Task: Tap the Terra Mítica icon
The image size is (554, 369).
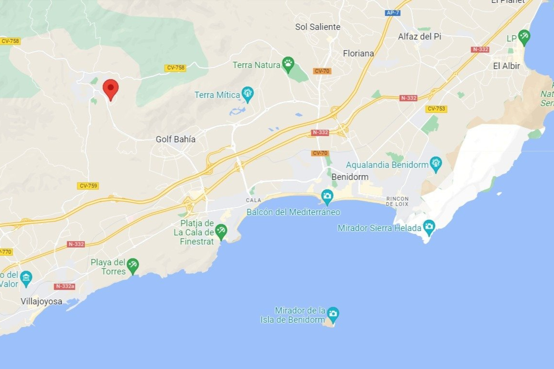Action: coord(247,93)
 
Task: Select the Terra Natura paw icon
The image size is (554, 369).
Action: coord(288,63)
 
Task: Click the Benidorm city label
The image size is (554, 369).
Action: coord(350,177)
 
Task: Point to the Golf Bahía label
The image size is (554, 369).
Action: coord(175,139)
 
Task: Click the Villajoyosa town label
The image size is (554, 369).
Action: coord(41,301)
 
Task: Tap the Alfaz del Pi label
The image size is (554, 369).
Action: coord(419,37)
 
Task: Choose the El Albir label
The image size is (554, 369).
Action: coord(506,66)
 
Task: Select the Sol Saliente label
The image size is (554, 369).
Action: coord(317,27)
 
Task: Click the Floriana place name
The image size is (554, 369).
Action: coord(358,53)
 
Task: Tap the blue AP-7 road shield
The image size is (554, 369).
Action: coord(392,13)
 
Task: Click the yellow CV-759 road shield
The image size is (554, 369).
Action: coord(88,186)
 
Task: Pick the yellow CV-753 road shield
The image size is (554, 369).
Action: coord(436,109)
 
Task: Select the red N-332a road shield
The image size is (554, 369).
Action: coord(65,286)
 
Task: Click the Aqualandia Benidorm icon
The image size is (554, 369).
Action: coord(436,163)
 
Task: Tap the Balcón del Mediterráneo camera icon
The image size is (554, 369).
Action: coord(327,196)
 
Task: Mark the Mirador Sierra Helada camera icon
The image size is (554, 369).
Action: coord(429,227)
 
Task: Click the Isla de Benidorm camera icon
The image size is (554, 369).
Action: coord(333,313)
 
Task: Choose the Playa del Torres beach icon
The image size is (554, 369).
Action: coord(132,265)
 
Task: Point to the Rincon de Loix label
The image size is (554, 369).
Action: coord(397,201)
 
